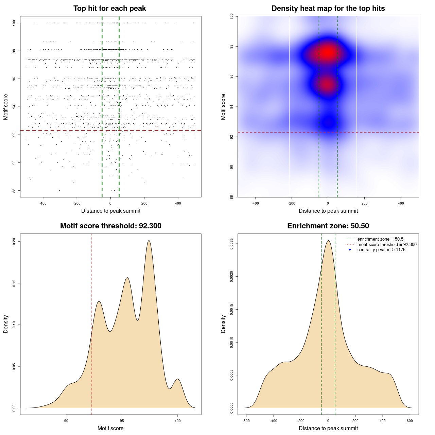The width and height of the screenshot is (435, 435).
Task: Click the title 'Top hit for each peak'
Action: click(x=110, y=8)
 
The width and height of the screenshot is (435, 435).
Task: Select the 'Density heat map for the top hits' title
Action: click(x=328, y=8)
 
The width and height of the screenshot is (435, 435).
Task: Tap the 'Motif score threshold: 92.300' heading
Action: click(x=110, y=226)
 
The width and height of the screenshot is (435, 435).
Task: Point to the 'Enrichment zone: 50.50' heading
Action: click(x=328, y=226)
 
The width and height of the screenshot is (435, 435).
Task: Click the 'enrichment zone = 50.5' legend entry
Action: click(x=380, y=239)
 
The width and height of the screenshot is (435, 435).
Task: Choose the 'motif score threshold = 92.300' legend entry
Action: click(x=387, y=244)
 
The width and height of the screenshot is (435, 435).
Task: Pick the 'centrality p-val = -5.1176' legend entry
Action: click(x=381, y=250)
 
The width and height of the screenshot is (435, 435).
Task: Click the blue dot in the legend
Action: click(x=350, y=250)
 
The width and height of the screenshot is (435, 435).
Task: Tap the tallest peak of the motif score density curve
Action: click(x=149, y=241)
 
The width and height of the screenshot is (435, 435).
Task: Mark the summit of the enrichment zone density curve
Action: click(x=328, y=241)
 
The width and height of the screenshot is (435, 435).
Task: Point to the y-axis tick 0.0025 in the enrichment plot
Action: click(x=231, y=244)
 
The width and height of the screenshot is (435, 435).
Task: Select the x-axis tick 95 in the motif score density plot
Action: click(x=122, y=421)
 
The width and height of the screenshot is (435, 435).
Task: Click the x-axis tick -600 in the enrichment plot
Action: click(x=246, y=421)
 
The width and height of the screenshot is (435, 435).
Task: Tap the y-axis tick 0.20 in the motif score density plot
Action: click(x=14, y=241)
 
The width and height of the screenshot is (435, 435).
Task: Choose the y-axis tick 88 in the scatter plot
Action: click(x=14, y=191)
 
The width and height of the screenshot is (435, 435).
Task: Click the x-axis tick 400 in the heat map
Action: click(x=401, y=203)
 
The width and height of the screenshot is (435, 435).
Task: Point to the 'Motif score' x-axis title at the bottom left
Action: click(x=110, y=428)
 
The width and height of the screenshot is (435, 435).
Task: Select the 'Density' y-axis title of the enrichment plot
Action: click(x=223, y=324)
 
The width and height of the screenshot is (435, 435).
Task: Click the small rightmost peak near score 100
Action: click(x=177, y=379)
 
